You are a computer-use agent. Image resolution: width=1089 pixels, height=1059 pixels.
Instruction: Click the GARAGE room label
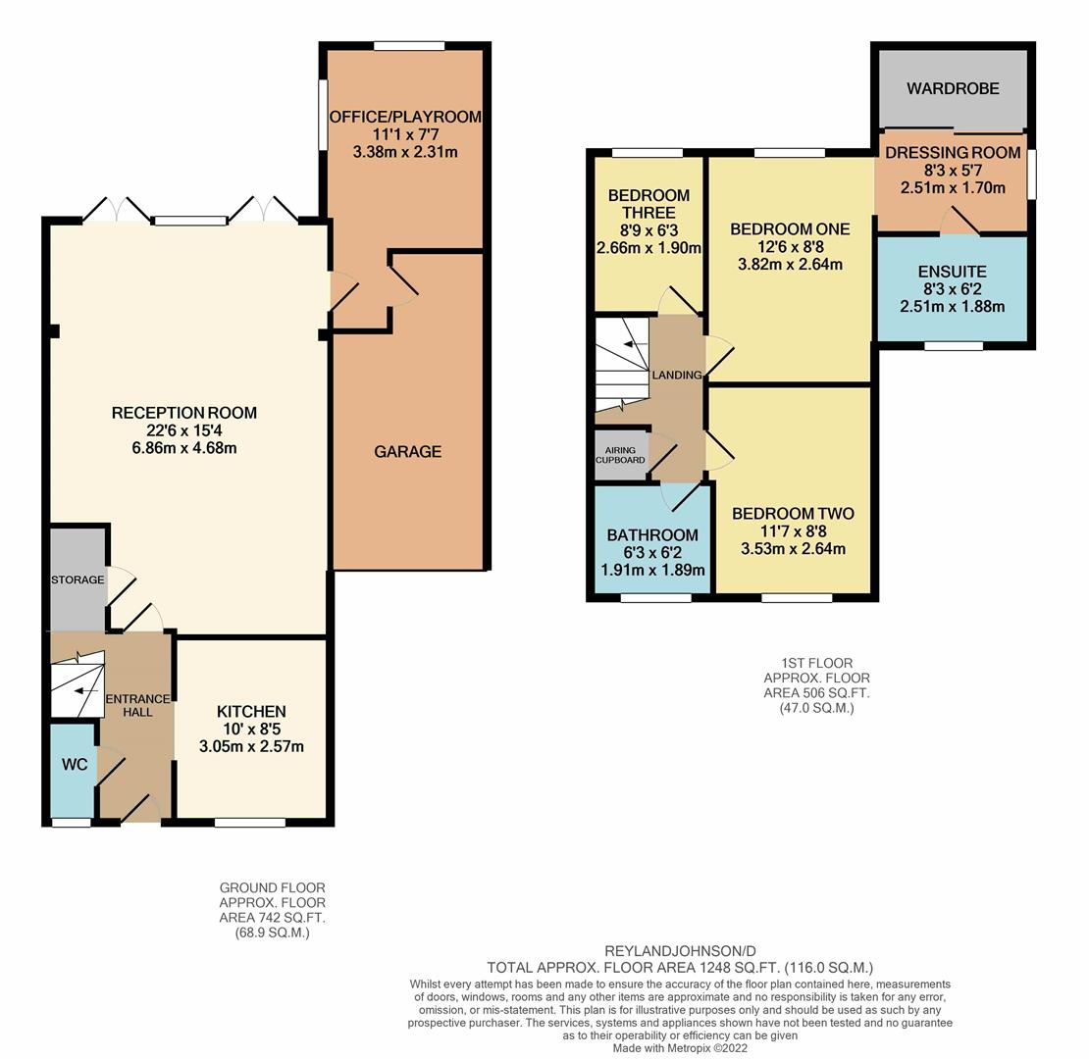click(408, 452)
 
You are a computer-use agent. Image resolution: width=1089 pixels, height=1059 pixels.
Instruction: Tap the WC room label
click(75, 765)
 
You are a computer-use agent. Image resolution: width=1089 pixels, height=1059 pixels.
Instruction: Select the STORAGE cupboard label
click(78, 580)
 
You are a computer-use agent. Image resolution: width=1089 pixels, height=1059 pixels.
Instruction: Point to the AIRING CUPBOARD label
click(620, 455)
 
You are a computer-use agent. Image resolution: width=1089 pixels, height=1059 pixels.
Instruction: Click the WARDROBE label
click(953, 89)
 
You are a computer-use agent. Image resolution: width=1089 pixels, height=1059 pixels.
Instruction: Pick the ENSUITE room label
click(953, 272)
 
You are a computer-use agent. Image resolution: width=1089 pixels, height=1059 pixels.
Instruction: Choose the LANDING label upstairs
click(677, 375)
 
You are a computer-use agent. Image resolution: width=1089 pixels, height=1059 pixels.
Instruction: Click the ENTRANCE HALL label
click(137, 705)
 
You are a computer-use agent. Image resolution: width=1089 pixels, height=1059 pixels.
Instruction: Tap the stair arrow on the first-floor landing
click(636, 344)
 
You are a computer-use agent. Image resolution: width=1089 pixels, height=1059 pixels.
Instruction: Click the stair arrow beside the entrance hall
click(86, 691)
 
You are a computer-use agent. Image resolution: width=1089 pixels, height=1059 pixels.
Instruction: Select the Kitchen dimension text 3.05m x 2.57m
click(251, 747)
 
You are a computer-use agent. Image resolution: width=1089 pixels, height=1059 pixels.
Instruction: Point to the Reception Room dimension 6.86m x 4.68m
click(184, 448)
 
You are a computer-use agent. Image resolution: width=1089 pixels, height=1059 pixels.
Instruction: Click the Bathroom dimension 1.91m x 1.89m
click(652, 571)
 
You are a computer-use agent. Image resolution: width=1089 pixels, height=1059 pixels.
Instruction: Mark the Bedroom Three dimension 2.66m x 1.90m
click(648, 248)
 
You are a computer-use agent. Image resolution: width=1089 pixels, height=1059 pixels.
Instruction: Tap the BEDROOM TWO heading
click(793, 514)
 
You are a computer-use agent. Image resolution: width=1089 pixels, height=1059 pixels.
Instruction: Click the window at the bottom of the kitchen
click(250, 823)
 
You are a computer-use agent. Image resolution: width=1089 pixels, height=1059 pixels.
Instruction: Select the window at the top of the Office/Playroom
click(409, 46)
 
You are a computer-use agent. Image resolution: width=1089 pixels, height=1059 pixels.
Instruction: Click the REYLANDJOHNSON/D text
click(681, 951)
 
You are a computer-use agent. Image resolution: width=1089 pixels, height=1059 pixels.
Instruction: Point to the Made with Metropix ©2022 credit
click(680, 1048)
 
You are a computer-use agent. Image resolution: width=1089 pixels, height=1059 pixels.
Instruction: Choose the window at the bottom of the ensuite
click(954, 345)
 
